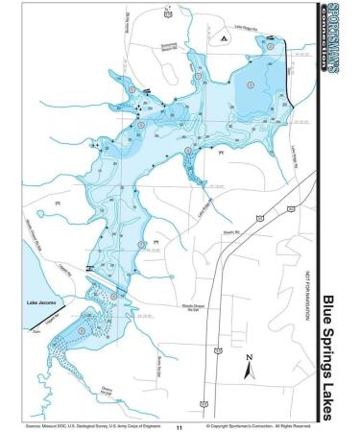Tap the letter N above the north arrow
249,355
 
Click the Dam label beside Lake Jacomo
37,331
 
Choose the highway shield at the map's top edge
168,15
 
